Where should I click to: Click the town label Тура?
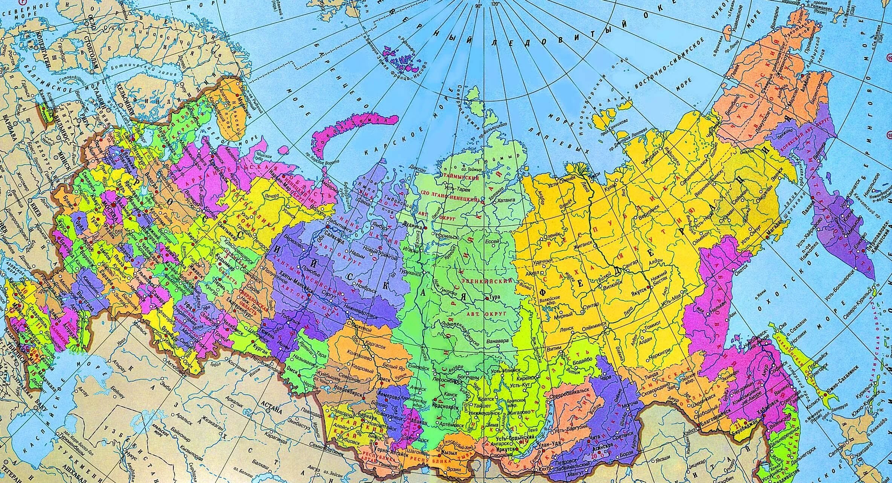tap(494, 298)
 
